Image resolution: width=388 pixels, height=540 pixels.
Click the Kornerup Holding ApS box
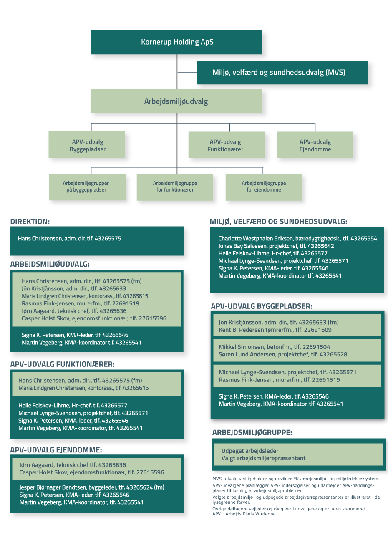(176, 42)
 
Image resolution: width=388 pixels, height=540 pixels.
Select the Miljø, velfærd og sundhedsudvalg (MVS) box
(282, 72)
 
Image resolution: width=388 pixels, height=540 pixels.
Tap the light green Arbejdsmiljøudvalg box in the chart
(176, 101)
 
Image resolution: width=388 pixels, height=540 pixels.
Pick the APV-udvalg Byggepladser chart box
(87, 144)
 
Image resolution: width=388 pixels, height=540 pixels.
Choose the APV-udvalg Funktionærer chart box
(227, 145)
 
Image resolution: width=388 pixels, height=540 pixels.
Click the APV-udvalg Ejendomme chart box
(315, 145)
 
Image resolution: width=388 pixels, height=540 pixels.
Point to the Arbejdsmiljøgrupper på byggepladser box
(87, 187)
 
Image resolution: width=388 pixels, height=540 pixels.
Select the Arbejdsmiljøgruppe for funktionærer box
(175, 187)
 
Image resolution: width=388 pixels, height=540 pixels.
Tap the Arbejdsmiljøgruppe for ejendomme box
(264, 187)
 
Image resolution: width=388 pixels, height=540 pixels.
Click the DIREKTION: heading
(30, 221)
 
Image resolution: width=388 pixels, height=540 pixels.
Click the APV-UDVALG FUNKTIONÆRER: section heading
(63, 364)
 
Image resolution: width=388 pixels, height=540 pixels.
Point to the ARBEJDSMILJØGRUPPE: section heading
(252, 432)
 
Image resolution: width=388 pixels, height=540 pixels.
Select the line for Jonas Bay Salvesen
(276, 246)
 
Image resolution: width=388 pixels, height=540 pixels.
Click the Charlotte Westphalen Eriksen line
(297, 238)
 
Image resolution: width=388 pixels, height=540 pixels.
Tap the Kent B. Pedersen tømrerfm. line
(275, 330)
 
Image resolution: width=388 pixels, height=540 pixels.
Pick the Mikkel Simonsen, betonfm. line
(274, 347)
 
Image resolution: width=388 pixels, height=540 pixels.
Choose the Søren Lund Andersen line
(283, 354)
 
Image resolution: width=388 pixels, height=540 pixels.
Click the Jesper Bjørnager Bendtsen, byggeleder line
(92, 487)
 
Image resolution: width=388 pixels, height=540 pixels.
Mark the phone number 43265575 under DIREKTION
(108, 238)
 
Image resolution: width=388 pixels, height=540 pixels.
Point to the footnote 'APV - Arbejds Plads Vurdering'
(244, 514)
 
